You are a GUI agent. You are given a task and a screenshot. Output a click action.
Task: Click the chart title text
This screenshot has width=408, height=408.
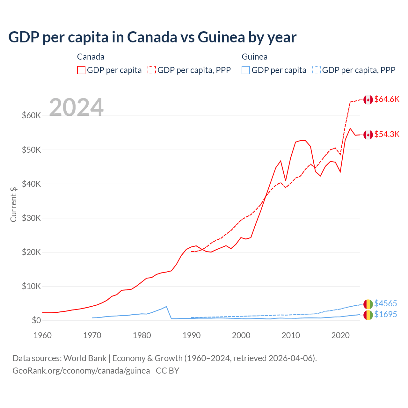152,37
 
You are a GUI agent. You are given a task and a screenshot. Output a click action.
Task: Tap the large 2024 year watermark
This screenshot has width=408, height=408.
76,107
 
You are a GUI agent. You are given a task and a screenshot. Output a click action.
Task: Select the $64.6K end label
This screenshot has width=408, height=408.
387,99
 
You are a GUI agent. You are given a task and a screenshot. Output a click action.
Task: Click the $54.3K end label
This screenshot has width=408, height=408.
387,134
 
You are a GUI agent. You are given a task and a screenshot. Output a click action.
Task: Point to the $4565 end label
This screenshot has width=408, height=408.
385,303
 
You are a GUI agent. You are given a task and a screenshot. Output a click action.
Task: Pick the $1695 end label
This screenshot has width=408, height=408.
385,314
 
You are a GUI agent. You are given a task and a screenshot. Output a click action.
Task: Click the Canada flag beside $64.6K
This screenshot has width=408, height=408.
368,100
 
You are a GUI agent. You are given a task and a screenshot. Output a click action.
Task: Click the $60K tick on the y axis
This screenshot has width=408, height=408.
31,115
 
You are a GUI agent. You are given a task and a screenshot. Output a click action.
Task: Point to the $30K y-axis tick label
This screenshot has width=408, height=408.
31,218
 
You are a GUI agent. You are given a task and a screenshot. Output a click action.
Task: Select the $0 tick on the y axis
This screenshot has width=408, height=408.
36,320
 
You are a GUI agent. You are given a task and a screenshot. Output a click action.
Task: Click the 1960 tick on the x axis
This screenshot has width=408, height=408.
42,335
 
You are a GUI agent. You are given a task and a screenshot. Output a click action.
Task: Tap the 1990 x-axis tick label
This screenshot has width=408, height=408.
192,335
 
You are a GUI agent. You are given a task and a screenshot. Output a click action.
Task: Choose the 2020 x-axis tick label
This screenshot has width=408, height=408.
340,335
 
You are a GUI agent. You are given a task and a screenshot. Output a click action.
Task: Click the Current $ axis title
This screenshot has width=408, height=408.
13,204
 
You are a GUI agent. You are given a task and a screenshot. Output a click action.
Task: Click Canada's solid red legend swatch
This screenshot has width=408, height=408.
81,70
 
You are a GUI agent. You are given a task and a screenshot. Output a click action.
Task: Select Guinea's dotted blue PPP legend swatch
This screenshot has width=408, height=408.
317,70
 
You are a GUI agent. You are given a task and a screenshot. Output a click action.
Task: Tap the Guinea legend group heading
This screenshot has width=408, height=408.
254,57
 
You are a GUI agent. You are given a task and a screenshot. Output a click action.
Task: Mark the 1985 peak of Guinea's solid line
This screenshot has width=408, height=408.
166,307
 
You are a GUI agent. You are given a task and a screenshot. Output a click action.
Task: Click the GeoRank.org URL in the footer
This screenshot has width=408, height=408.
81,371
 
